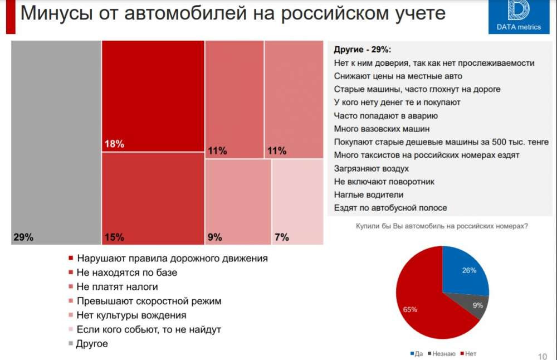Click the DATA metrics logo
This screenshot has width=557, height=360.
(x=519, y=16)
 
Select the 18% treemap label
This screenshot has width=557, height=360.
(x=114, y=144)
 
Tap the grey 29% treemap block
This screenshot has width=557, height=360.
(x=56, y=139)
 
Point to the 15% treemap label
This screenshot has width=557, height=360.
(x=114, y=237)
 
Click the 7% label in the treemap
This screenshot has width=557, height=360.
(x=282, y=237)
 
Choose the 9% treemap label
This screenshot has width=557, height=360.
(x=215, y=237)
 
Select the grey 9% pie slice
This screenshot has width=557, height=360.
(x=477, y=305)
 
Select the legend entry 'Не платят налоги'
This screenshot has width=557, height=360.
(x=117, y=287)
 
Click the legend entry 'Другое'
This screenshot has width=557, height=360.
(x=92, y=344)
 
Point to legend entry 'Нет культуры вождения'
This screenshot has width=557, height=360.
(x=128, y=315)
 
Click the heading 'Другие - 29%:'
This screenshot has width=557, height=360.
(x=362, y=50)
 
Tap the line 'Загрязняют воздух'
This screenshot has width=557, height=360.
(x=372, y=168)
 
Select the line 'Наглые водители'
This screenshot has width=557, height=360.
(x=369, y=195)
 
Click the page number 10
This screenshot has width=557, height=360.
(x=542, y=356)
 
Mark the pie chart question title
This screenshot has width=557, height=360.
(x=442, y=226)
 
